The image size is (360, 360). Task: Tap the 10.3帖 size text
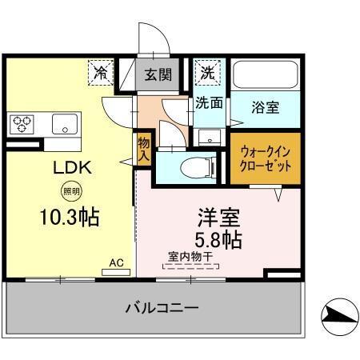point(70,216)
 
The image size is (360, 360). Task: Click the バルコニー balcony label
point(161,307)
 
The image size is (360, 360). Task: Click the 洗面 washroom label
point(210,103)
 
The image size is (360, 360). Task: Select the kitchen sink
point(64,124)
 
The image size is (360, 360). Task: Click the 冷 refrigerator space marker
point(101,73)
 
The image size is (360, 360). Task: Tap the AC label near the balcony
point(115,262)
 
